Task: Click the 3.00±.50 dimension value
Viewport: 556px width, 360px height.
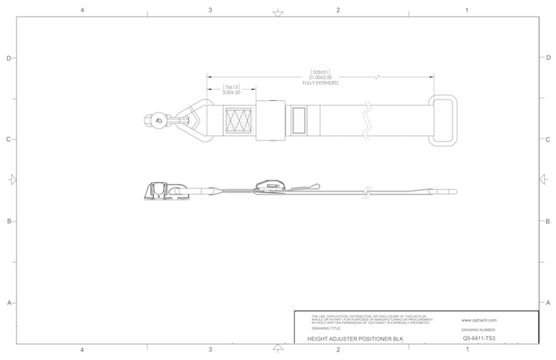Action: [231, 93]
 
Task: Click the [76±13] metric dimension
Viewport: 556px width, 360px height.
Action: [231, 88]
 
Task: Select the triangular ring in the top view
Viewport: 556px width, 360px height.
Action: [196, 121]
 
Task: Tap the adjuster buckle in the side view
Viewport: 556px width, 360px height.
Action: [272, 186]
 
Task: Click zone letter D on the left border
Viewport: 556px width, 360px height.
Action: [8, 58]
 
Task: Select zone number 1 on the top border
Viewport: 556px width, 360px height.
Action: [466, 11]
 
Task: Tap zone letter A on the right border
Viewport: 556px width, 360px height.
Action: [548, 304]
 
